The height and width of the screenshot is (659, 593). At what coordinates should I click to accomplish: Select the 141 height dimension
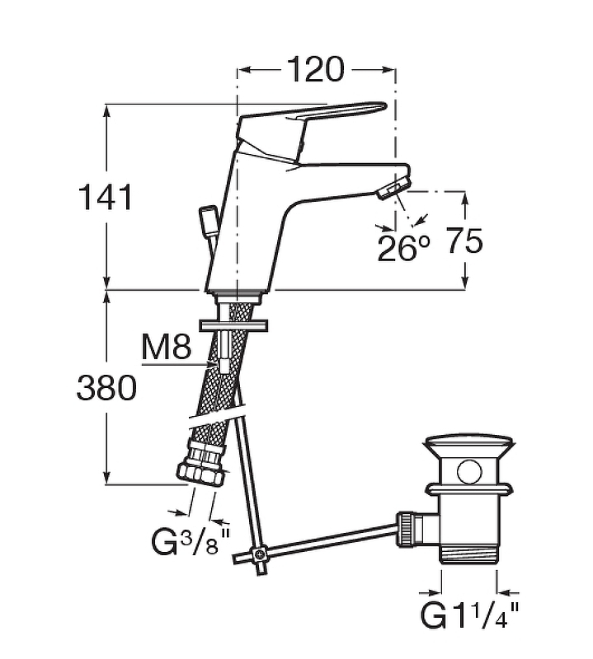click(105, 199)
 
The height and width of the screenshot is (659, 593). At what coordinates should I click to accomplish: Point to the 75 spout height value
click(464, 242)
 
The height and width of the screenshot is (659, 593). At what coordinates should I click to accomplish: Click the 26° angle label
click(404, 247)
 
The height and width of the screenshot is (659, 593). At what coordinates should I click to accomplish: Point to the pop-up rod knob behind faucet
click(206, 219)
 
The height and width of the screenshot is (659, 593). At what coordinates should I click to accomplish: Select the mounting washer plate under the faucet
click(236, 324)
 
